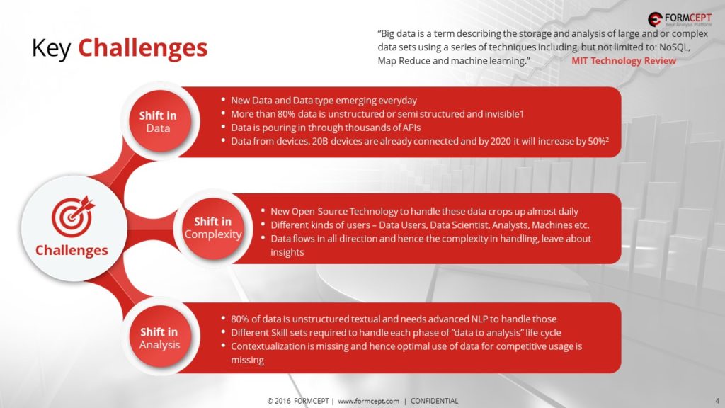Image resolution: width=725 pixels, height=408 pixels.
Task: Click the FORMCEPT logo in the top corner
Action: (x=680, y=19)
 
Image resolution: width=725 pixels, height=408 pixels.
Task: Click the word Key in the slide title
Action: (x=51, y=48)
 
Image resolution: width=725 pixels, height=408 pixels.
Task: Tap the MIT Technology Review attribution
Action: (x=623, y=61)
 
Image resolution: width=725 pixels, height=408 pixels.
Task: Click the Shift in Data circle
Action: (x=159, y=122)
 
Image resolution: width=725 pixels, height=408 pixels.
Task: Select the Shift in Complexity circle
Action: (x=212, y=228)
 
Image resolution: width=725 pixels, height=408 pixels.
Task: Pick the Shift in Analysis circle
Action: (x=159, y=337)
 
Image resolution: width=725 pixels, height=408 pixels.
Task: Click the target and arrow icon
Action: (x=73, y=217)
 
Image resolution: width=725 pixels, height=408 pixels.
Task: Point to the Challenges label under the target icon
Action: (x=72, y=250)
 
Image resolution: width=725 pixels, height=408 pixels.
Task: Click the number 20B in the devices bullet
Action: (x=319, y=141)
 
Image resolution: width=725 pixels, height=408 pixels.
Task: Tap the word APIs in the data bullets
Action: (x=411, y=127)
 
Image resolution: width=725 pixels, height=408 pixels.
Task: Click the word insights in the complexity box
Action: (x=287, y=253)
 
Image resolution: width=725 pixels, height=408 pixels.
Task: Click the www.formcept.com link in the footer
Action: (x=368, y=401)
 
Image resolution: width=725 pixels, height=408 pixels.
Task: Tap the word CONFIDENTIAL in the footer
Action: (x=434, y=401)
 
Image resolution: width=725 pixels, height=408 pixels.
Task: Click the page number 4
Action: (x=717, y=401)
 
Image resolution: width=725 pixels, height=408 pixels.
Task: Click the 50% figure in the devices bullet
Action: (x=596, y=141)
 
